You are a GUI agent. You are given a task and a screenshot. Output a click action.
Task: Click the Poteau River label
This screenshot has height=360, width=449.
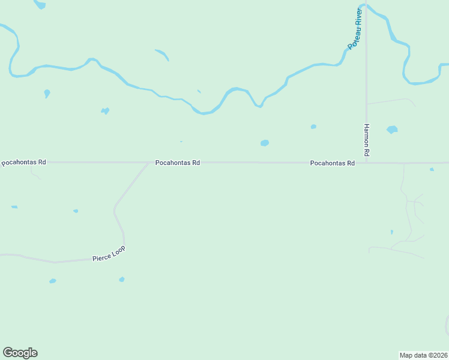pos(355,28)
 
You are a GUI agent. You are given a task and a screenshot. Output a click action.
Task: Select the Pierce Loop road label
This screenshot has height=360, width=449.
pos(109,255)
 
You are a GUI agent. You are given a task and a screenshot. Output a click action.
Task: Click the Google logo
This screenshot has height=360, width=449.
pos(20,353)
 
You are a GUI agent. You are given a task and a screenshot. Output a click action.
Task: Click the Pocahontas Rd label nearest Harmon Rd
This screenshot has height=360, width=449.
pos(332,163)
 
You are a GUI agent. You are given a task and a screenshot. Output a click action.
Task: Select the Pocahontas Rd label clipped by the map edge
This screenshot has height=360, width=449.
pos(23,163)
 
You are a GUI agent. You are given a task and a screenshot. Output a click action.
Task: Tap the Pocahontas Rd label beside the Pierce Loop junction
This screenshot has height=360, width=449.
pos(177,163)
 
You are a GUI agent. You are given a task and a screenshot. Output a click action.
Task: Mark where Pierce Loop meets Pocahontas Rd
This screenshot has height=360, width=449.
pos(148,163)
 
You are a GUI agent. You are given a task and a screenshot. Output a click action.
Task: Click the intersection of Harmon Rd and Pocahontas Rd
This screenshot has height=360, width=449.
pos(366,163)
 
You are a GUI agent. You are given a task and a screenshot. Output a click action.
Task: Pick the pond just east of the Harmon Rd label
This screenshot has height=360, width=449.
pos(392,129)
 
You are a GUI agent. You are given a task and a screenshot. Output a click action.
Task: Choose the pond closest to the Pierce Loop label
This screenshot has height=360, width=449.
pos(122,279)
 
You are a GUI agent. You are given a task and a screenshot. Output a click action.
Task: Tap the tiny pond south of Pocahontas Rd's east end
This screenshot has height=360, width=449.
pos(432,170)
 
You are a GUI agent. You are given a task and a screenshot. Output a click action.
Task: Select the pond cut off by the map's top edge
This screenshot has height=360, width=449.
pos(40,4)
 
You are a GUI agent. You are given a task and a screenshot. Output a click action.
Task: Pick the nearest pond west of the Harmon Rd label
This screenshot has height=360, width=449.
pos(313,127)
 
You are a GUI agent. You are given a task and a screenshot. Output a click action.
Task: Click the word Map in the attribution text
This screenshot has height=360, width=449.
pos(406,355)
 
